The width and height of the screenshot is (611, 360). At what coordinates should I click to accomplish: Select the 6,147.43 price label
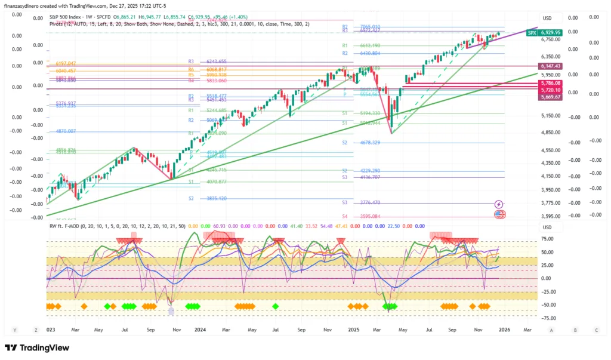(550, 66)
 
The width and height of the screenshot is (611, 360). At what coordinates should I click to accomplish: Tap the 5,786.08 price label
(550, 83)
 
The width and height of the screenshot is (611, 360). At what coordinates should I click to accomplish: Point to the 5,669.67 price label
(550, 97)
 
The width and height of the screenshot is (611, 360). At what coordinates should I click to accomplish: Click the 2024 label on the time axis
(200, 330)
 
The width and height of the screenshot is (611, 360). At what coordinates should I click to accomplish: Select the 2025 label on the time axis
(353, 330)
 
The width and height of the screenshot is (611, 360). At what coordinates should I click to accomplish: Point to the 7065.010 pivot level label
(370, 27)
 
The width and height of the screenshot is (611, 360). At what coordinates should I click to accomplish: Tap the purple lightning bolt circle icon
(499, 204)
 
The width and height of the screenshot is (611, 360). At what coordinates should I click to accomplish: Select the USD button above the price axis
(547, 19)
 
